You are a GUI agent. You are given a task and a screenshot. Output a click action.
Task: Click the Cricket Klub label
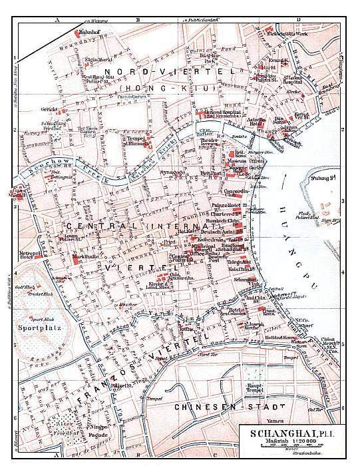[x=30, y=292]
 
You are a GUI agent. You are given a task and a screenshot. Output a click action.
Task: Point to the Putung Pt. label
[x=328, y=176]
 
